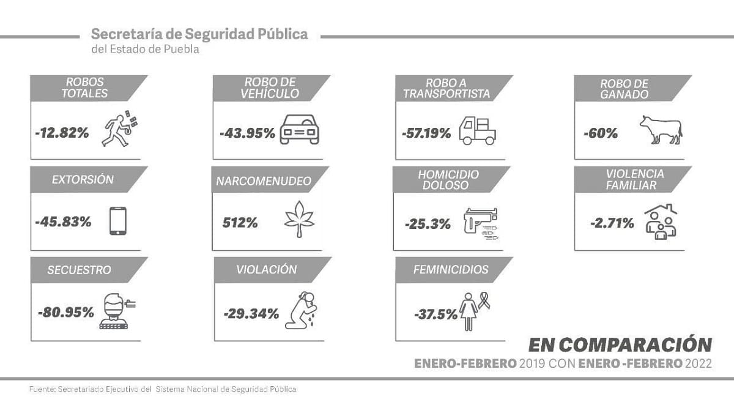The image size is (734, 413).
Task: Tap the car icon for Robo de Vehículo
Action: pyautogui.click(x=299, y=129)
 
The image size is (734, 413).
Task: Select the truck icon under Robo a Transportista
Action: pyautogui.click(x=478, y=130)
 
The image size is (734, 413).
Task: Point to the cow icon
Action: pyautogui.click(x=661, y=129)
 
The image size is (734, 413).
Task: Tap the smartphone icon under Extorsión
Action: pyautogui.click(x=118, y=221)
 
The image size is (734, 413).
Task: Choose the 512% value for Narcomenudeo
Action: pyautogui.click(x=240, y=223)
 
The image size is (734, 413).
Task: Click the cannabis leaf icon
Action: pyautogui.click(x=299, y=220)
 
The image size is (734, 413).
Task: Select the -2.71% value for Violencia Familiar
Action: pyautogui.click(x=612, y=223)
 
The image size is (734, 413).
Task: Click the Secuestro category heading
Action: pyautogui.click(x=80, y=270)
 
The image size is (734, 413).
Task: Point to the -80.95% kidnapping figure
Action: pyautogui.click(x=66, y=313)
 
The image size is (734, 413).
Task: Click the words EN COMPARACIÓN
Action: pyautogui.click(x=620, y=343)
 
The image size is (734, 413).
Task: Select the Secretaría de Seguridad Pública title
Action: pyautogui.click(x=199, y=34)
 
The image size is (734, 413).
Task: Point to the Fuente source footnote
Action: pyautogui.click(x=163, y=389)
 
